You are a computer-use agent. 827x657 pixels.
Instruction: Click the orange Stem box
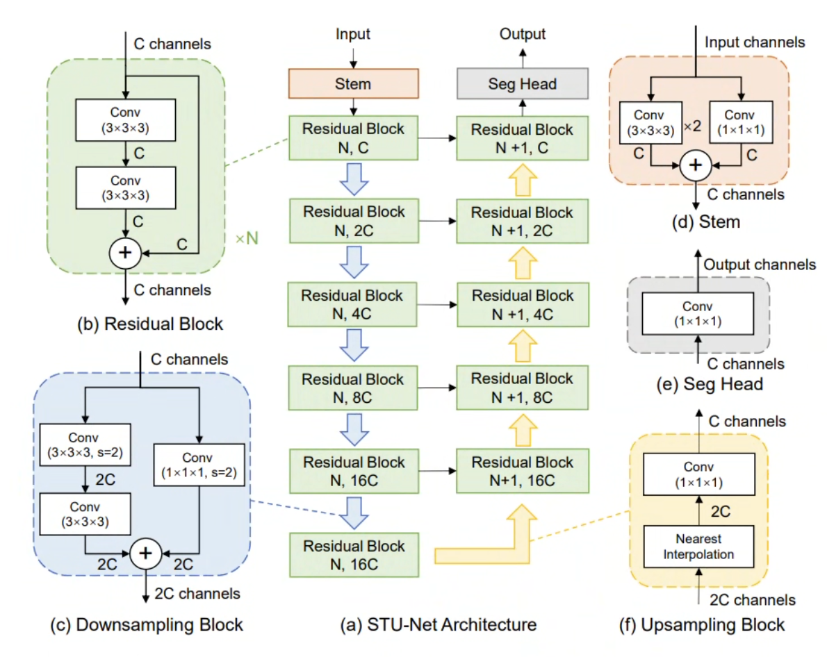353,84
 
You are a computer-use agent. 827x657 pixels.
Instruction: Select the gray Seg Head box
522,84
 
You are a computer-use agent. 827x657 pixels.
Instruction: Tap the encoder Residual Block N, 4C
353,304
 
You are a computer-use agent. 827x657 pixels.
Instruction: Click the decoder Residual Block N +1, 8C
522,388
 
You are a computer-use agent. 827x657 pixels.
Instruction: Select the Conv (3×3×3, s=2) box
85,445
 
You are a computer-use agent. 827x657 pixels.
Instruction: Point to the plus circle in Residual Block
125,253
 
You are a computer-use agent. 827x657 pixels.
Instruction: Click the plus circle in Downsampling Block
145,552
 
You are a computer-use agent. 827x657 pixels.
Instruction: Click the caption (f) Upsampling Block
701,624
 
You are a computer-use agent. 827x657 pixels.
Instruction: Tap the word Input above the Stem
353,34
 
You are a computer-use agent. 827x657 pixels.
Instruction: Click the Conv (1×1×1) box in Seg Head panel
697,315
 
